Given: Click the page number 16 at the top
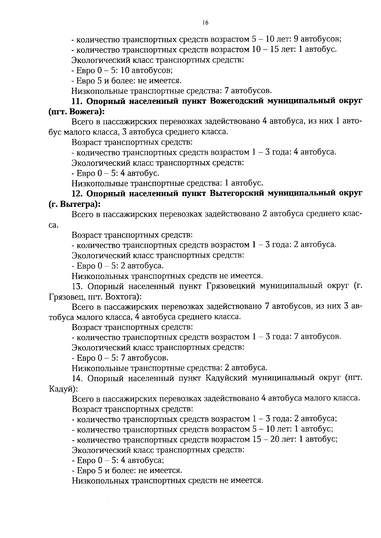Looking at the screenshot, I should pyautogui.click(x=205, y=22).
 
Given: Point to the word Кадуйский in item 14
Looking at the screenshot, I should pyautogui.click(x=226, y=379).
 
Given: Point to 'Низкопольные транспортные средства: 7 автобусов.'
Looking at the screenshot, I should pyautogui.click(x=171, y=91).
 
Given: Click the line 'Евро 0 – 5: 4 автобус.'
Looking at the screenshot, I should pyautogui.click(x=116, y=173).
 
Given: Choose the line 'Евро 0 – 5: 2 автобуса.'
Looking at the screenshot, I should pyautogui.click(x=118, y=266).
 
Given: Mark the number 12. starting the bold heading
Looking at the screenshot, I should pyautogui.click(x=77, y=194).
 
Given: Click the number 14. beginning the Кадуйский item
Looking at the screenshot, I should pyautogui.click(x=78, y=379).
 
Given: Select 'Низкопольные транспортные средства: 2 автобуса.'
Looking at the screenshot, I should pyautogui.click(x=170, y=368).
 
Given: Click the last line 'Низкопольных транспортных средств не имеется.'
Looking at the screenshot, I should pyautogui.click(x=168, y=481).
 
